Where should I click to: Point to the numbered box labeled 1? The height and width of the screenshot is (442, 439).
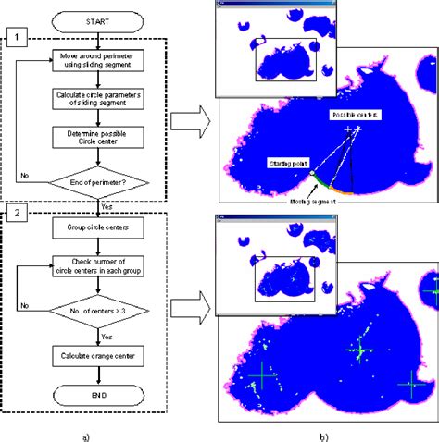click(16, 39)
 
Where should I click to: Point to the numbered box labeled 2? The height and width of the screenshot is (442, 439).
click(16, 215)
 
